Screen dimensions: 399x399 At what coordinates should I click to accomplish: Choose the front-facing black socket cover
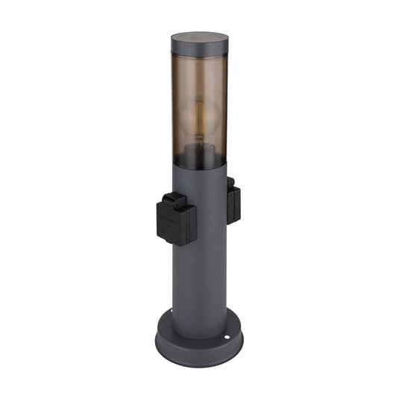click(x=177, y=223)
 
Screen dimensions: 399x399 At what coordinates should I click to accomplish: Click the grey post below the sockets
click(x=200, y=283)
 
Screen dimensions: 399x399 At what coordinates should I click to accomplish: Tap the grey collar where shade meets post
click(x=198, y=173)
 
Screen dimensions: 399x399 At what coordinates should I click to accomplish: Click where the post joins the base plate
click(x=198, y=328)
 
